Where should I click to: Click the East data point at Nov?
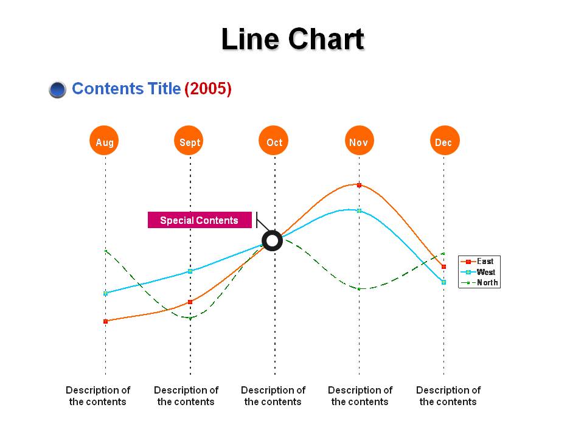(x=359, y=185)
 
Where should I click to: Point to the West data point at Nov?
(x=359, y=211)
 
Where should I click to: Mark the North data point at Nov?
(x=359, y=288)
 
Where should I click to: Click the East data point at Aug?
(x=105, y=321)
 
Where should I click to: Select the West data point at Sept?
(x=190, y=271)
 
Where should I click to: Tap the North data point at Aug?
(x=105, y=251)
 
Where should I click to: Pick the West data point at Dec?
(x=443, y=282)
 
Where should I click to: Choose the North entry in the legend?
(x=479, y=283)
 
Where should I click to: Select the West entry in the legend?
(x=478, y=272)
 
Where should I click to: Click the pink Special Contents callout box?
(x=200, y=220)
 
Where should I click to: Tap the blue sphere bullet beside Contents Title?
(x=57, y=89)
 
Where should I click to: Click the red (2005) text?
(x=208, y=89)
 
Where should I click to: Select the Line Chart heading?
(x=293, y=39)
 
